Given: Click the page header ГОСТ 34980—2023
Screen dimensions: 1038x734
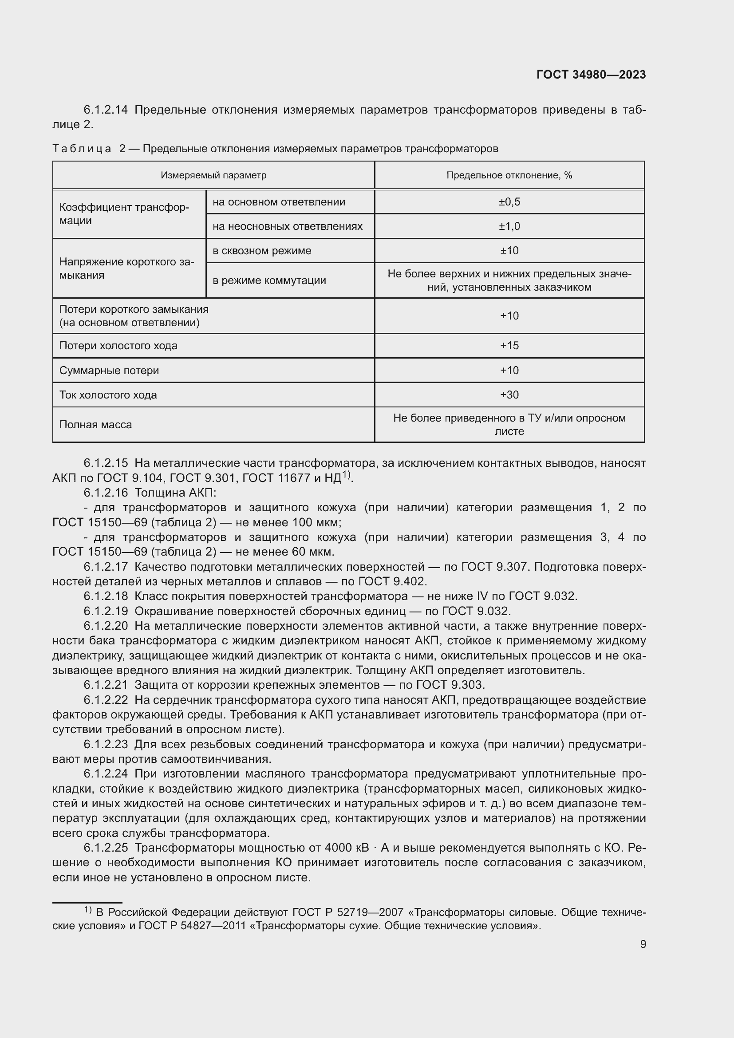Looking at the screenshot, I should pos(591,75).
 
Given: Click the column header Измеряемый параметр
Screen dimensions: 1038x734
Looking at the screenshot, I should pos(213,175).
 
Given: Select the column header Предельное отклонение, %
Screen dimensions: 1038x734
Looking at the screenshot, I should pos(509,175).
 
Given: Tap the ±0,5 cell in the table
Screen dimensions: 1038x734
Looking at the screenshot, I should pos(509,201).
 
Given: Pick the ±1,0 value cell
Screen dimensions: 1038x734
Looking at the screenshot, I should pos(509,226).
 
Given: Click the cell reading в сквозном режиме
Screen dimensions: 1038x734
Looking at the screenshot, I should pos(262,250).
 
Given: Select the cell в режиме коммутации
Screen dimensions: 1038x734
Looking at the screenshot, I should pos(269,280).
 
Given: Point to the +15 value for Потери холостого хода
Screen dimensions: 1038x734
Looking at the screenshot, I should pos(509,345).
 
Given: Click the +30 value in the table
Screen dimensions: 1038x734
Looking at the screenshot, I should pos(509,395).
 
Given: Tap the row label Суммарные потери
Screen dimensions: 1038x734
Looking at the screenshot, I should pos(109,370).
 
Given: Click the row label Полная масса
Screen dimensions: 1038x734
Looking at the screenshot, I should pos(95,425).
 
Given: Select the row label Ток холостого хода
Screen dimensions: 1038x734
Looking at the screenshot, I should pos(108,395).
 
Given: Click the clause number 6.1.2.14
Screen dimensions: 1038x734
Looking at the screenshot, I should pos(106,110).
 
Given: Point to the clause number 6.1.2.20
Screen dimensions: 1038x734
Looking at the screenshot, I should pos(106,626).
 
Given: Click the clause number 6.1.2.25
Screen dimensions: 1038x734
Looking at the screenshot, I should pos(106,848).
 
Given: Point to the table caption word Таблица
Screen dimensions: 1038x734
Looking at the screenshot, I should pos(82,149).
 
